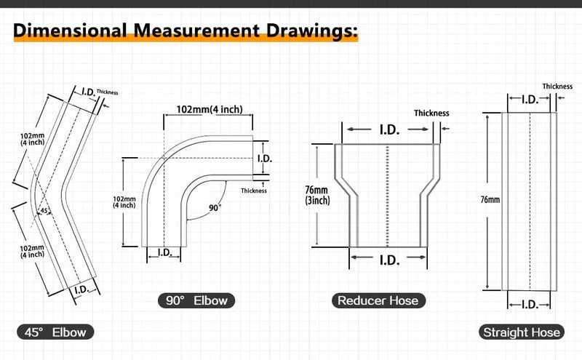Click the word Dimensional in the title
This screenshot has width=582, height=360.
click(x=70, y=31)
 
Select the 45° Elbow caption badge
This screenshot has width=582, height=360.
click(x=55, y=332)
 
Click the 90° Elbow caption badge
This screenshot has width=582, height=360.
click(x=196, y=300)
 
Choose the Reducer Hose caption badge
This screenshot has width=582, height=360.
click(x=378, y=300)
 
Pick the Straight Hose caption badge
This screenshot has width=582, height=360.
click(x=522, y=332)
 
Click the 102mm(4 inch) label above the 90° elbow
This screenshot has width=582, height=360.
click(x=210, y=110)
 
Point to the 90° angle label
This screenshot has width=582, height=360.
click(x=215, y=207)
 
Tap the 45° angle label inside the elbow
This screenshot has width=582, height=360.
click(x=44, y=211)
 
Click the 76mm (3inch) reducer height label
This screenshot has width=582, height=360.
click(x=317, y=195)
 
